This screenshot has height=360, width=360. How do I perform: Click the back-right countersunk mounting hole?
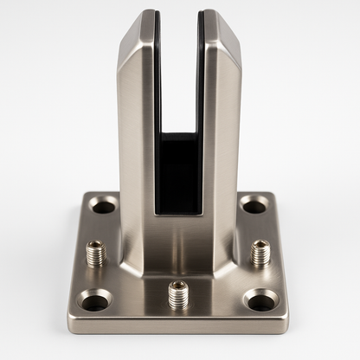pyautogui.click(x=253, y=205)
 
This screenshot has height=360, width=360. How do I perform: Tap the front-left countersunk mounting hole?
pyautogui.click(x=93, y=301)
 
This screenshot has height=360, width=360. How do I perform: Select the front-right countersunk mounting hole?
pyautogui.click(x=260, y=300)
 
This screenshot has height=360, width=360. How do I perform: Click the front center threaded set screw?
pyautogui.click(x=177, y=293)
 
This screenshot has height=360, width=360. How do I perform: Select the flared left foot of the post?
pyautogui.click(x=130, y=251)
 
